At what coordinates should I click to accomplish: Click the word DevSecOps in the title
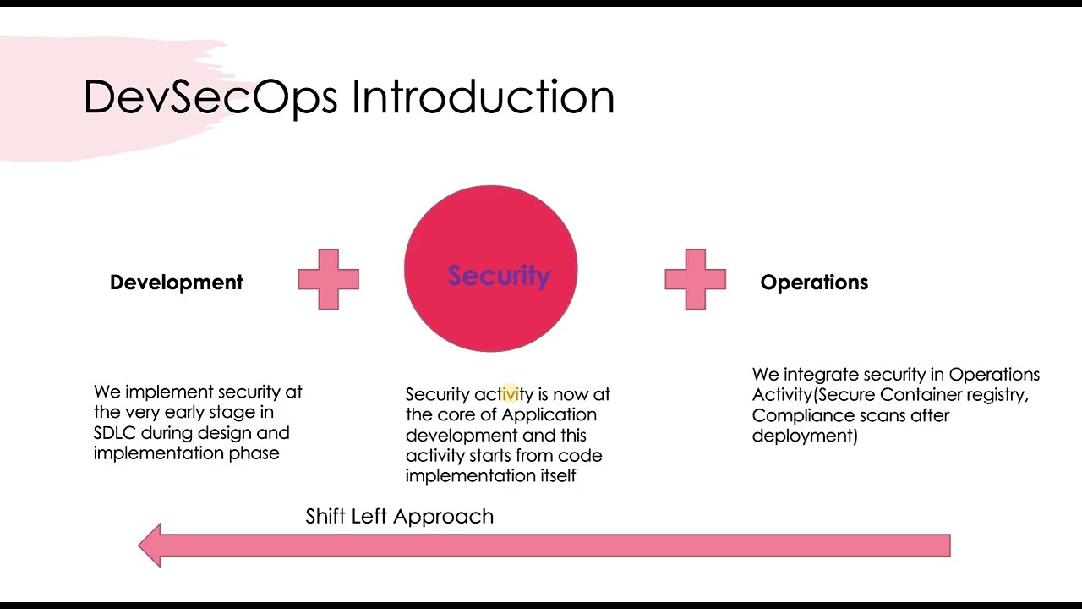tap(210, 97)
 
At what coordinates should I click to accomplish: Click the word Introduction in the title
tap(483, 97)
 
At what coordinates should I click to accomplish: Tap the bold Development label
tap(176, 283)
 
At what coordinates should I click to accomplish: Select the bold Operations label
tap(814, 283)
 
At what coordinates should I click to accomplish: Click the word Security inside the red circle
tap(499, 276)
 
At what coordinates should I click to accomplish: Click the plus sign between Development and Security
tap(329, 279)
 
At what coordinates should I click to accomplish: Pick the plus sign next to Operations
tap(695, 279)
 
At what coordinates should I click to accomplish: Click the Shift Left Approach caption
tap(399, 516)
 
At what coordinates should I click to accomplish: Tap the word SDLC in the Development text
tap(115, 433)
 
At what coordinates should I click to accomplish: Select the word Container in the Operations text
tap(922, 395)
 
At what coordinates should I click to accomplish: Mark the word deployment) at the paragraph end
tap(805, 436)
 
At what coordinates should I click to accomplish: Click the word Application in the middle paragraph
tap(549, 414)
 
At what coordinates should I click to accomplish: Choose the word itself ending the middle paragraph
tap(558, 475)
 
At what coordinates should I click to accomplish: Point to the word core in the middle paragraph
tap(456, 414)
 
